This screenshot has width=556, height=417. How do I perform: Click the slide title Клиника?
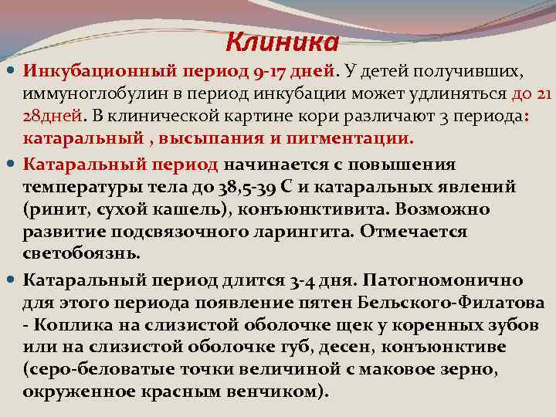(283, 39)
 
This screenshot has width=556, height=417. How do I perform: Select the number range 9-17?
(271, 72)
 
